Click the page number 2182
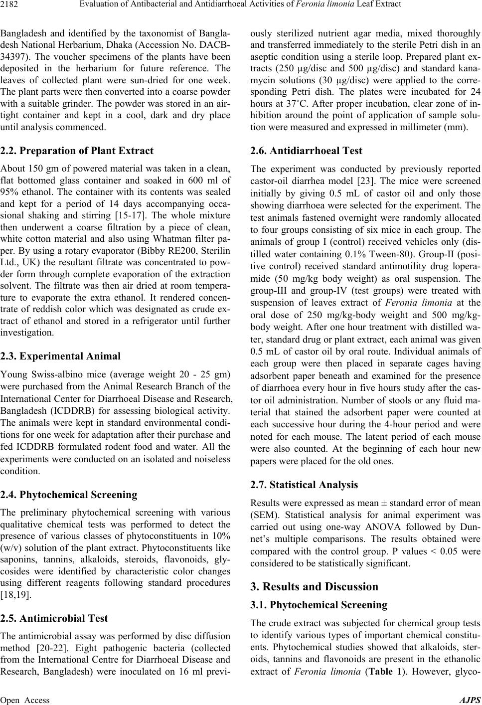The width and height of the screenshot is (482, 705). tap(10, 6)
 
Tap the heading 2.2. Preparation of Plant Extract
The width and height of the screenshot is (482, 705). tap(77, 151)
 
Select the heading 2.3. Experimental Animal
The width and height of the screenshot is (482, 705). tap(60, 356)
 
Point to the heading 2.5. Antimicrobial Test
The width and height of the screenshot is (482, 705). tap(54, 618)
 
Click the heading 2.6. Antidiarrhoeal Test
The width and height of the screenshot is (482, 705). tap(306, 151)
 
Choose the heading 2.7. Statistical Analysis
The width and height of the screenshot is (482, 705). tap(304, 485)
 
